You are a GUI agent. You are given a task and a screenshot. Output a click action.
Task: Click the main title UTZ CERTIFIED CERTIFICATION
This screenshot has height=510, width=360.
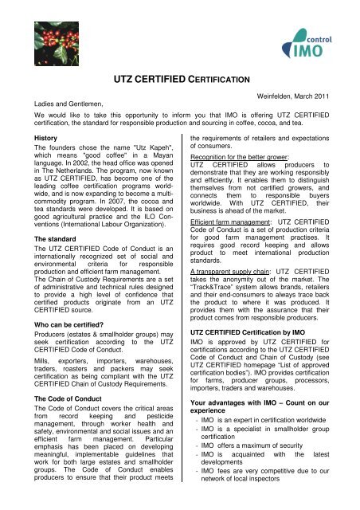pos(180,80)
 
